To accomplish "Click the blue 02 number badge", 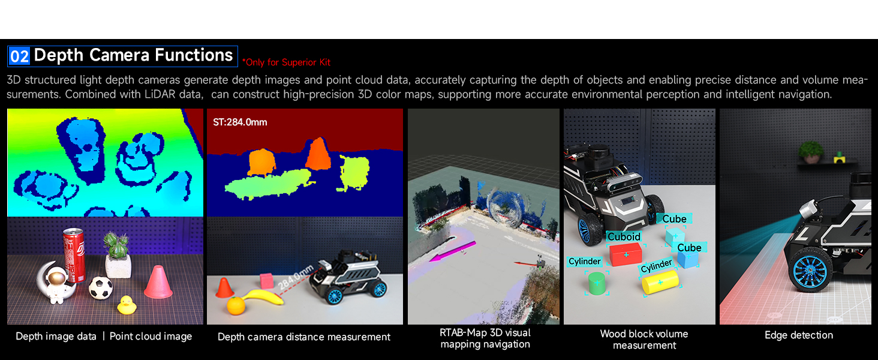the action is point(19,56).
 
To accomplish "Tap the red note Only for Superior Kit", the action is point(287,62).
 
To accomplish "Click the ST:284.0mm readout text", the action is point(240,122).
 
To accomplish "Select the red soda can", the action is point(74,255).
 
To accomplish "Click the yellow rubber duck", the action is point(127,305).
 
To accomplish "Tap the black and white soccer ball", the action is point(101,288).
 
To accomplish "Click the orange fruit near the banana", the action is point(236,306).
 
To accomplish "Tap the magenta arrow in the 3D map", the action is point(453,251).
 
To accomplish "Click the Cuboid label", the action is point(624,236).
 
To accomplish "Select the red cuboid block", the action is point(626,254).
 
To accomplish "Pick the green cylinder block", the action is point(597,284).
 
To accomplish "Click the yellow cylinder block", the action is point(660,282).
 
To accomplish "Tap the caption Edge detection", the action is point(798,335).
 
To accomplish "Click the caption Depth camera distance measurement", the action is point(304,337).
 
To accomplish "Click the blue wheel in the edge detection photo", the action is point(810,270).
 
